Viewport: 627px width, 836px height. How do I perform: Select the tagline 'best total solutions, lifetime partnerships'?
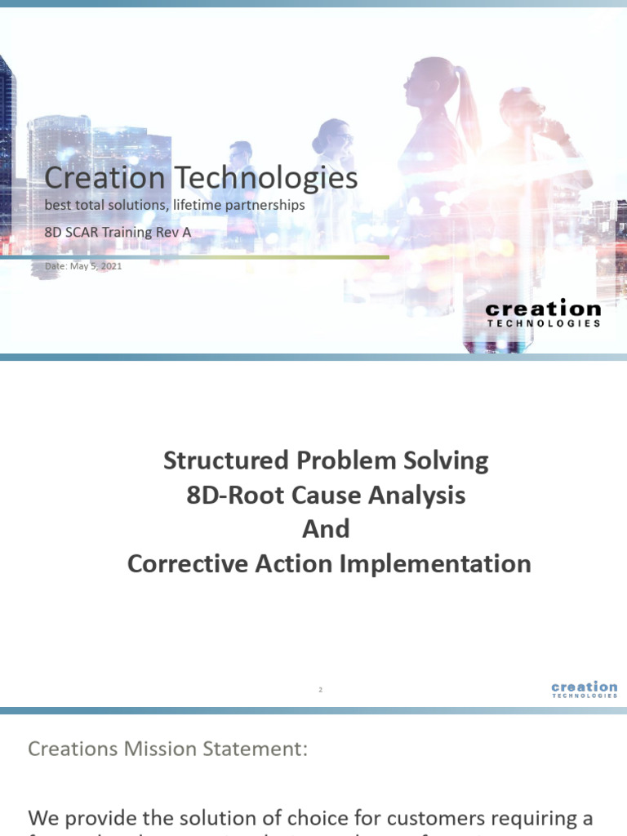[x=175, y=205]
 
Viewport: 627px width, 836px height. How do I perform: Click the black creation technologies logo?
[x=543, y=313]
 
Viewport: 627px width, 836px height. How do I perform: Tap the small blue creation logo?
[x=585, y=690]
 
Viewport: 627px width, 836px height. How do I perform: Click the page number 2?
[x=321, y=691]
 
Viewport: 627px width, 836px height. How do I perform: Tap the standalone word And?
[x=326, y=529]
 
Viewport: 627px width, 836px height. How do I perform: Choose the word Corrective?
[x=184, y=563]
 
